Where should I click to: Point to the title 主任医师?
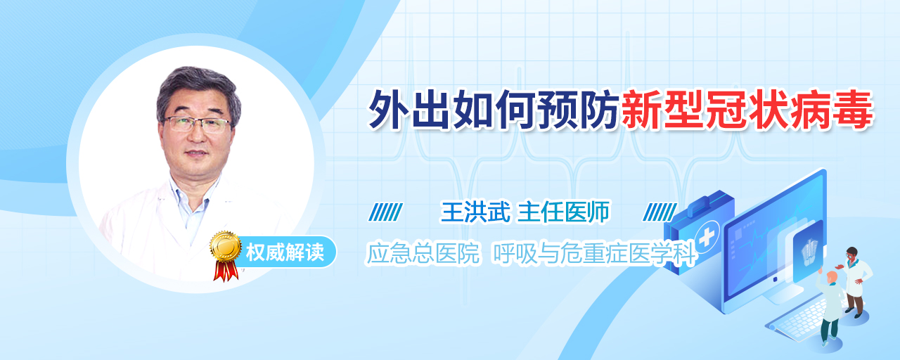click(563, 212)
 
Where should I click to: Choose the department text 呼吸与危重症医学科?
click(594, 254)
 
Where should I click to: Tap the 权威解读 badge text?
click(285, 252)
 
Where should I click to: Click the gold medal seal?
click(226, 246)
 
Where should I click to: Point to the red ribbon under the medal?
click(226, 270)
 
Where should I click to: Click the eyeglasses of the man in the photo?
click(197, 124)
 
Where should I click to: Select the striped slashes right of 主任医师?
click(660, 212)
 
